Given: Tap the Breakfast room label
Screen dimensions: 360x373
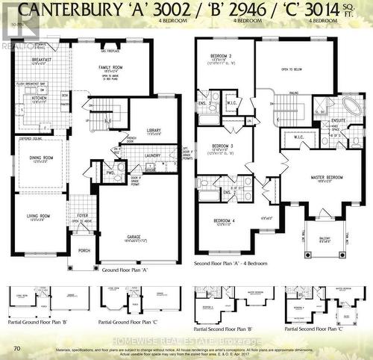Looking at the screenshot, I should (x=41, y=59).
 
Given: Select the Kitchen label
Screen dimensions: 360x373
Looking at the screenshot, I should (x=39, y=99).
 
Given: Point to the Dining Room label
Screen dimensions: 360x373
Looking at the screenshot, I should (x=41, y=158).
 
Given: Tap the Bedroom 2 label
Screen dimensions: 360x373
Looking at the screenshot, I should (x=221, y=57).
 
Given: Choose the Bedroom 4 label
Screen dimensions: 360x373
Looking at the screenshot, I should (x=222, y=221).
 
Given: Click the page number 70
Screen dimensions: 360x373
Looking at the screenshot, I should (x=16, y=327).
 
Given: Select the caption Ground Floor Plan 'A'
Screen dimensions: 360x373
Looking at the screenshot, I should (x=125, y=270).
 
